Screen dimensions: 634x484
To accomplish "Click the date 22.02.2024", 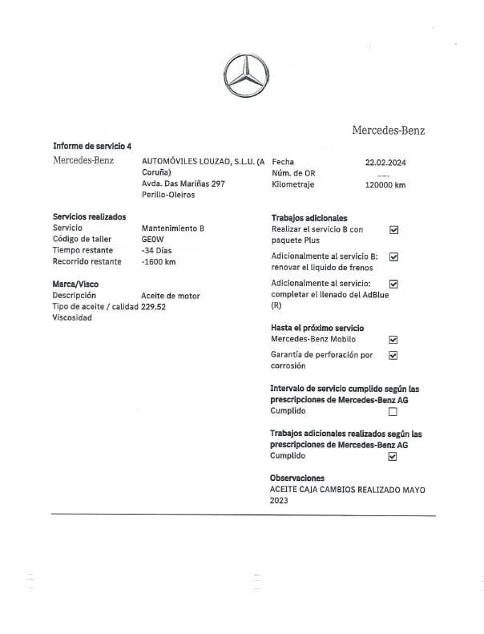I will pyautogui.click(x=385, y=162).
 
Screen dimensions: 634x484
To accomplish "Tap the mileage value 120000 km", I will pyautogui.click(x=385, y=184).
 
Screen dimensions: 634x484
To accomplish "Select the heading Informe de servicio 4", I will pyautogui.click(x=92, y=146).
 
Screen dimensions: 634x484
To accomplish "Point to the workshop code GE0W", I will pyautogui.click(x=152, y=239).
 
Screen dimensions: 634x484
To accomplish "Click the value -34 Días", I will pyautogui.click(x=158, y=250).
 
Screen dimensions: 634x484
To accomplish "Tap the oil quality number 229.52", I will pyautogui.click(x=153, y=307).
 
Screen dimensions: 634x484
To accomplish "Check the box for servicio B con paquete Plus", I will pyautogui.click(x=393, y=230).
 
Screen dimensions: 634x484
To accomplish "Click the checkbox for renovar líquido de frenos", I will pyautogui.click(x=393, y=257).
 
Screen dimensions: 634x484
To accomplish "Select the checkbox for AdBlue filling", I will pyautogui.click(x=393, y=284).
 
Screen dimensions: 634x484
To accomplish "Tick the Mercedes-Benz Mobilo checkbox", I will pyautogui.click(x=393, y=340).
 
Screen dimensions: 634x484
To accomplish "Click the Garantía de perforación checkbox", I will pyautogui.click(x=393, y=355).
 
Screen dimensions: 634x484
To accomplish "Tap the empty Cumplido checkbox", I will pyautogui.click(x=393, y=412).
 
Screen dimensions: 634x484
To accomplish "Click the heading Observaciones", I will pyautogui.click(x=297, y=479).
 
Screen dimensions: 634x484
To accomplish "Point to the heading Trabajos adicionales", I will pyautogui.click(x=309, y=218).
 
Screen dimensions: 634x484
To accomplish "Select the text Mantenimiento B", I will pyautogui.click(x=172, y=228).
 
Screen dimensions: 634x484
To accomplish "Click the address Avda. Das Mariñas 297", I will pyautogui.click(x=183, y=184).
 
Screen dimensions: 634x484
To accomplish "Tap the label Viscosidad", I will pyautogui.click(x=72, y=318).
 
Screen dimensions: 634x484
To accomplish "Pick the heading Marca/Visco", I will pyautogui.click(x=75, y=284).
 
